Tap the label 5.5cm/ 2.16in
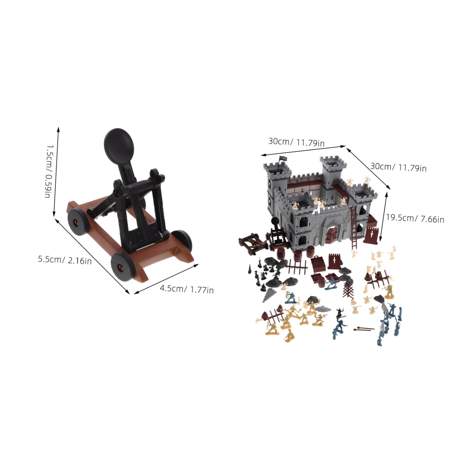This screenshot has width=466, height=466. [65, 260]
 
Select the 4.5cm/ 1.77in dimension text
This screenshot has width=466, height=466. [187, 289]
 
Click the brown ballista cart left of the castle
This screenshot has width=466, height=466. [253, 242]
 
